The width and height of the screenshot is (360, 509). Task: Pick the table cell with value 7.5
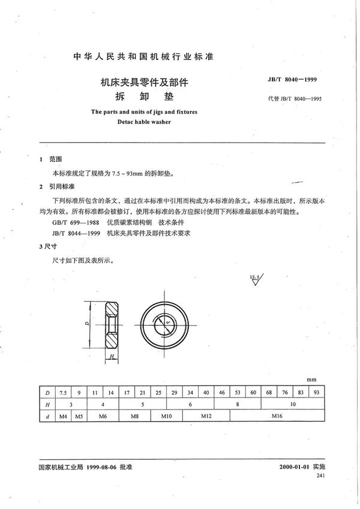tap(63, 392)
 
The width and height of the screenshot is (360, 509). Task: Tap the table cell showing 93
tap(316, 392)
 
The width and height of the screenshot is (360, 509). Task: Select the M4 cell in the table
tap(63, 415)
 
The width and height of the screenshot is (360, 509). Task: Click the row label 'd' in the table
tap(47, 415)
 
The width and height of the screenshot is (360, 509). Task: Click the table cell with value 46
tap(221, 392)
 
